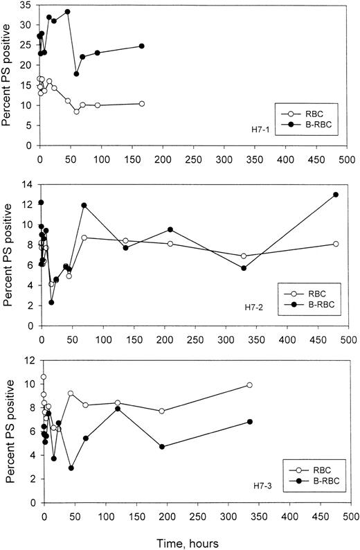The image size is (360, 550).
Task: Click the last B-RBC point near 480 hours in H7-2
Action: tap(336, 195)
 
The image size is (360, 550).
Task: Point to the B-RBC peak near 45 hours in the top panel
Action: tap(67, 12)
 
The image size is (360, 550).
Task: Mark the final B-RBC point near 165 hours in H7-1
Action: tap(141, 46)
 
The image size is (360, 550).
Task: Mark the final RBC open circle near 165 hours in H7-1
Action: tap(141, 103)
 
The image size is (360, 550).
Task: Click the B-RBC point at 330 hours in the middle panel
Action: tap(244, 268)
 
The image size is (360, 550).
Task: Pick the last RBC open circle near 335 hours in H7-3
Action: tap(249, 385)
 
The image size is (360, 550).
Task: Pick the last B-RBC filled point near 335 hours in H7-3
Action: tap(249, 422)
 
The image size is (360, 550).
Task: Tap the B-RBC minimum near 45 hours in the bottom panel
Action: tap(71, 468)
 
